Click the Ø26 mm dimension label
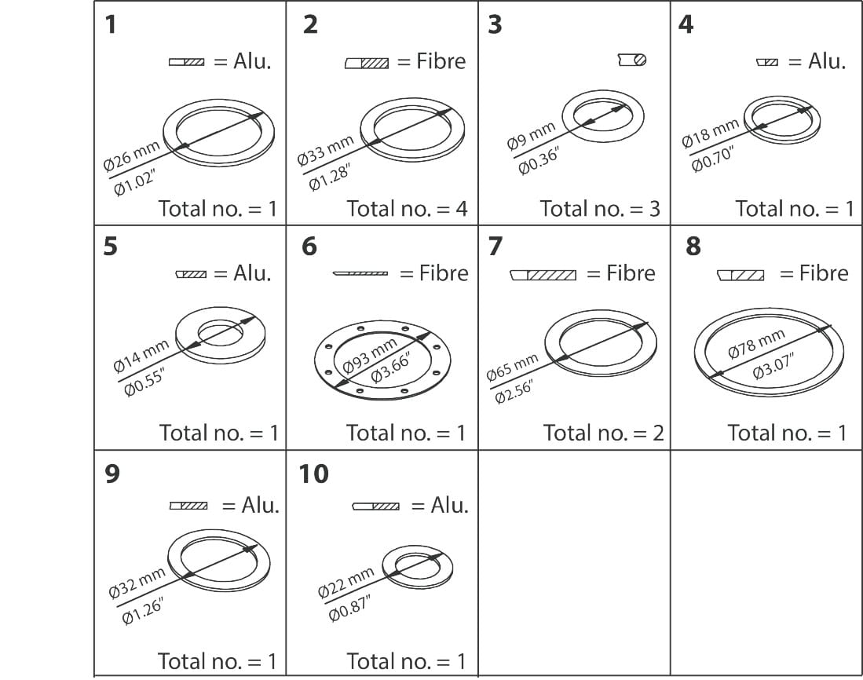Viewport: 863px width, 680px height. coord(131,155)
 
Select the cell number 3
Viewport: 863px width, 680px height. coord(494,25)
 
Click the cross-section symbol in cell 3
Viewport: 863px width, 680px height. coord(632,60)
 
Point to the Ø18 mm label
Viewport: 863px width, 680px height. coord(710,133)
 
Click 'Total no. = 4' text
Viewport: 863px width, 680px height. coord(407,208)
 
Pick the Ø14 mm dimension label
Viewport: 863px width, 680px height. coord(141,356)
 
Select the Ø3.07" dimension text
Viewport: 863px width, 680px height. coord(773,365)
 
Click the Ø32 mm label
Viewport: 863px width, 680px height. coord(137,582)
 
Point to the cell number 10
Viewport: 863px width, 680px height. coord(313,474)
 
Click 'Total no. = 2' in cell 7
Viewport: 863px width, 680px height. coord(603,433)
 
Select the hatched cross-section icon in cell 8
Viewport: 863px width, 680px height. coord(740,275)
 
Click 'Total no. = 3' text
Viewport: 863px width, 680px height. coord(600,208)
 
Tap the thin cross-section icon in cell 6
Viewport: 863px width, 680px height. coord(360,273)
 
